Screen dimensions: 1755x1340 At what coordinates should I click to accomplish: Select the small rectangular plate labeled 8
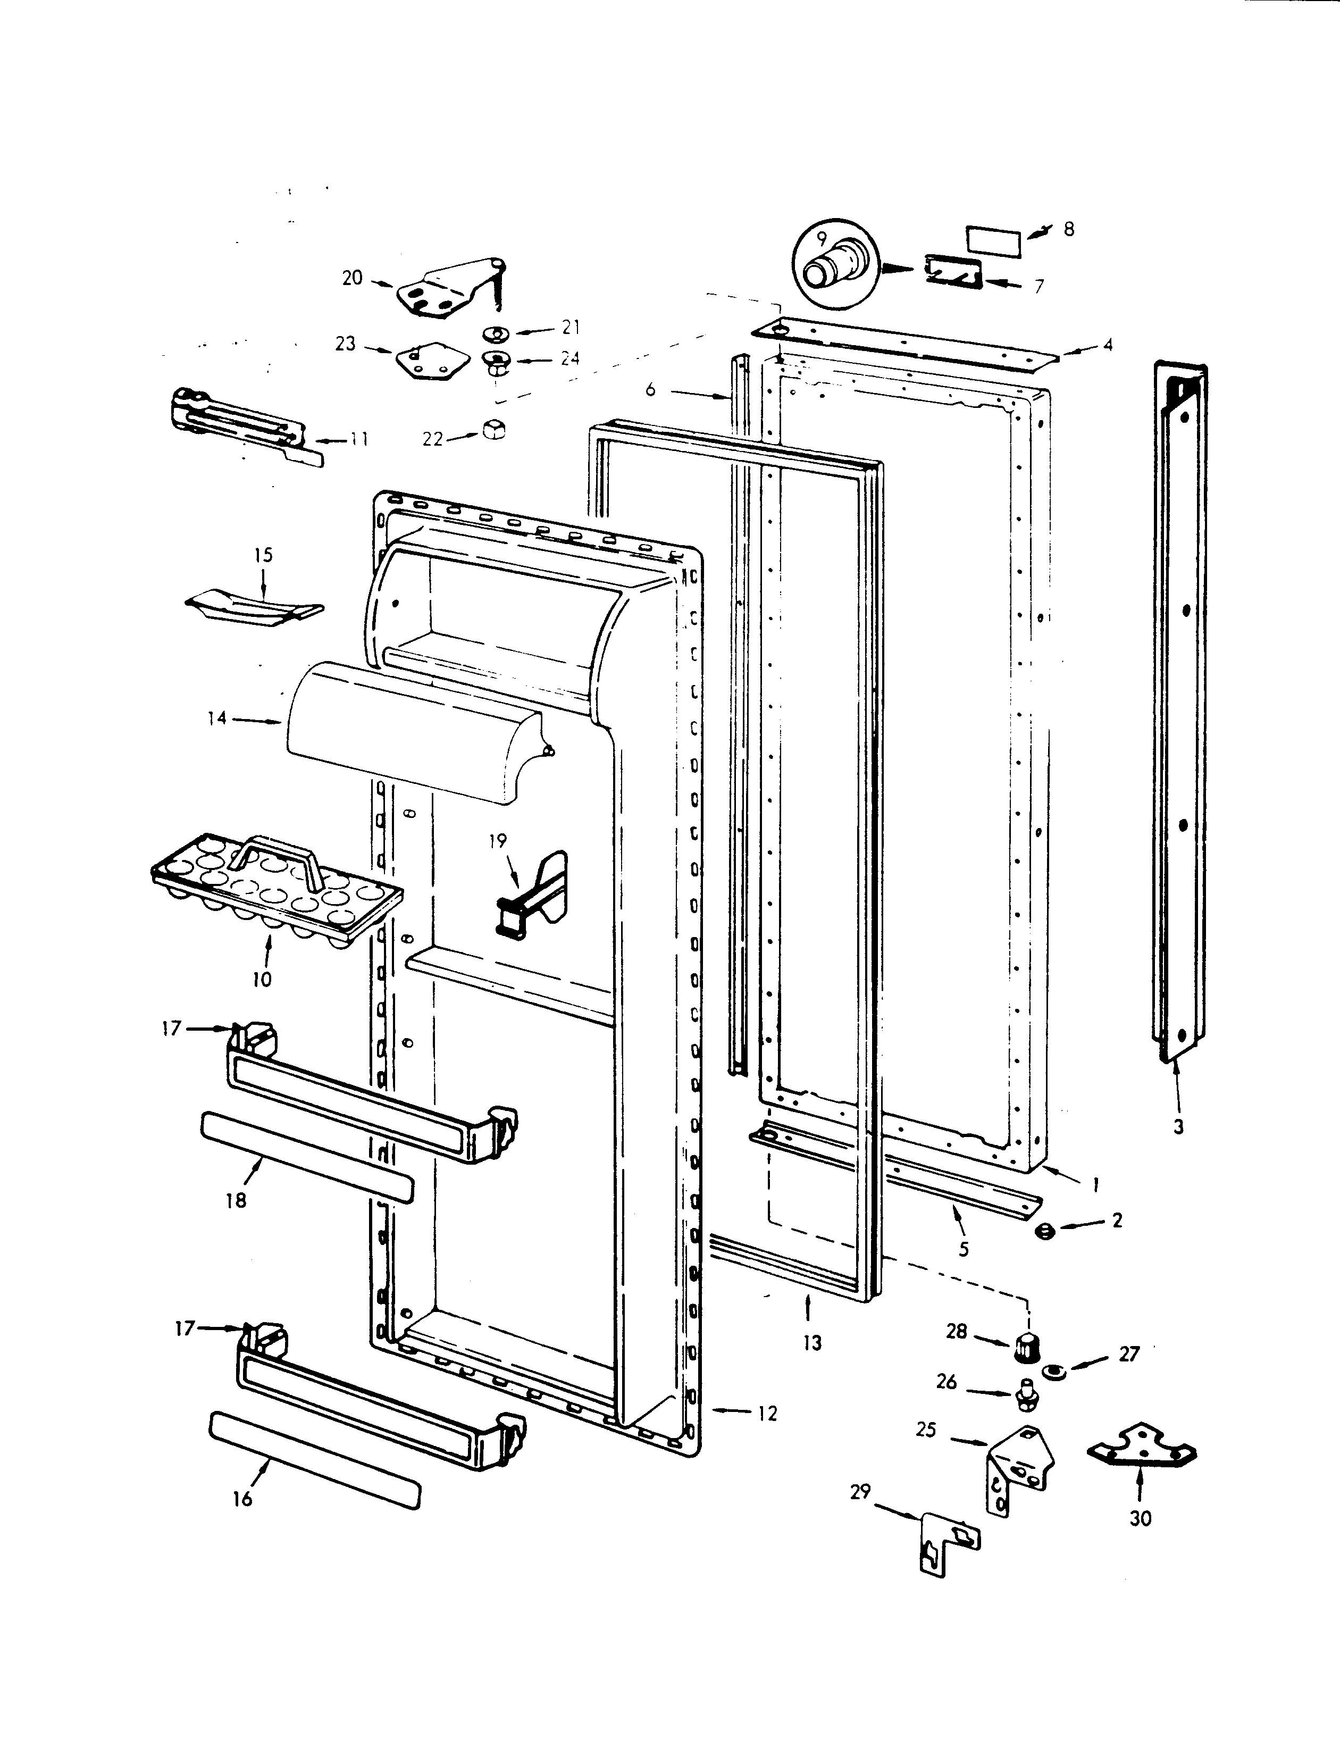(993, 241)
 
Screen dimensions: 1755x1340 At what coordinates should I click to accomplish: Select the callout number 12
(767, 1414)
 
